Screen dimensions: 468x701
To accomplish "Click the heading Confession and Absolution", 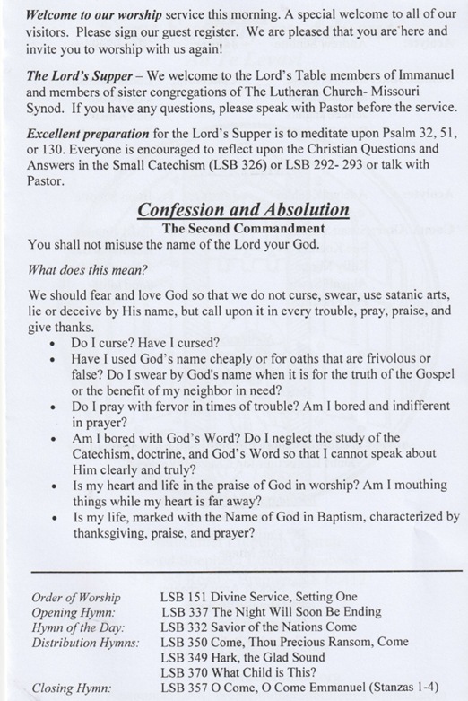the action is [x=243, y=210].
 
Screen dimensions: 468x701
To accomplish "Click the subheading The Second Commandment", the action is [x=243, y=228].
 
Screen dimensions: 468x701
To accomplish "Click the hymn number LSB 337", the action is [x=183, y=611].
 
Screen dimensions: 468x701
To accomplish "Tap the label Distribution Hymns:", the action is [x=85, y=643].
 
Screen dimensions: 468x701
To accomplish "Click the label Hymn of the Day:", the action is [x=77, y=627].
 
